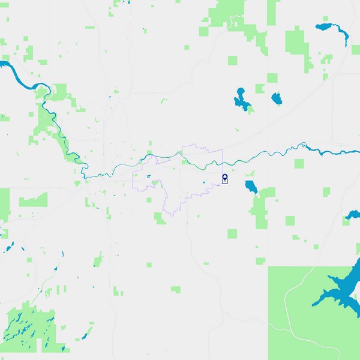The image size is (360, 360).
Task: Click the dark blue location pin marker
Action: pyautogui.click(x=224, y=178)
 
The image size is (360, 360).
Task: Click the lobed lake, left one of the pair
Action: pyautogui.click(x=242, y=100)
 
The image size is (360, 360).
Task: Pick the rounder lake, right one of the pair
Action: pyautogui.click(x=277, y=98)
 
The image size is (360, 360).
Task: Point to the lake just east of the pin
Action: pyautogui.click(x=250, y=187)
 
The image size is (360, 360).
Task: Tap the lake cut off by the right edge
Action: pyautogui.click(x=353, y=214)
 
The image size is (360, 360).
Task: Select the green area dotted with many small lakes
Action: pyautogui.click(x=30, y=327)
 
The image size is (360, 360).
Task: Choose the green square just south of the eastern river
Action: pyautogui.click(x=299, y=163)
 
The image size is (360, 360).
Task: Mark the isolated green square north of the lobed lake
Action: pyautogui.click(x=232, y=60)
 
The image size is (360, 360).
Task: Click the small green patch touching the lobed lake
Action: pyautogui.click(x=248, y=109)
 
